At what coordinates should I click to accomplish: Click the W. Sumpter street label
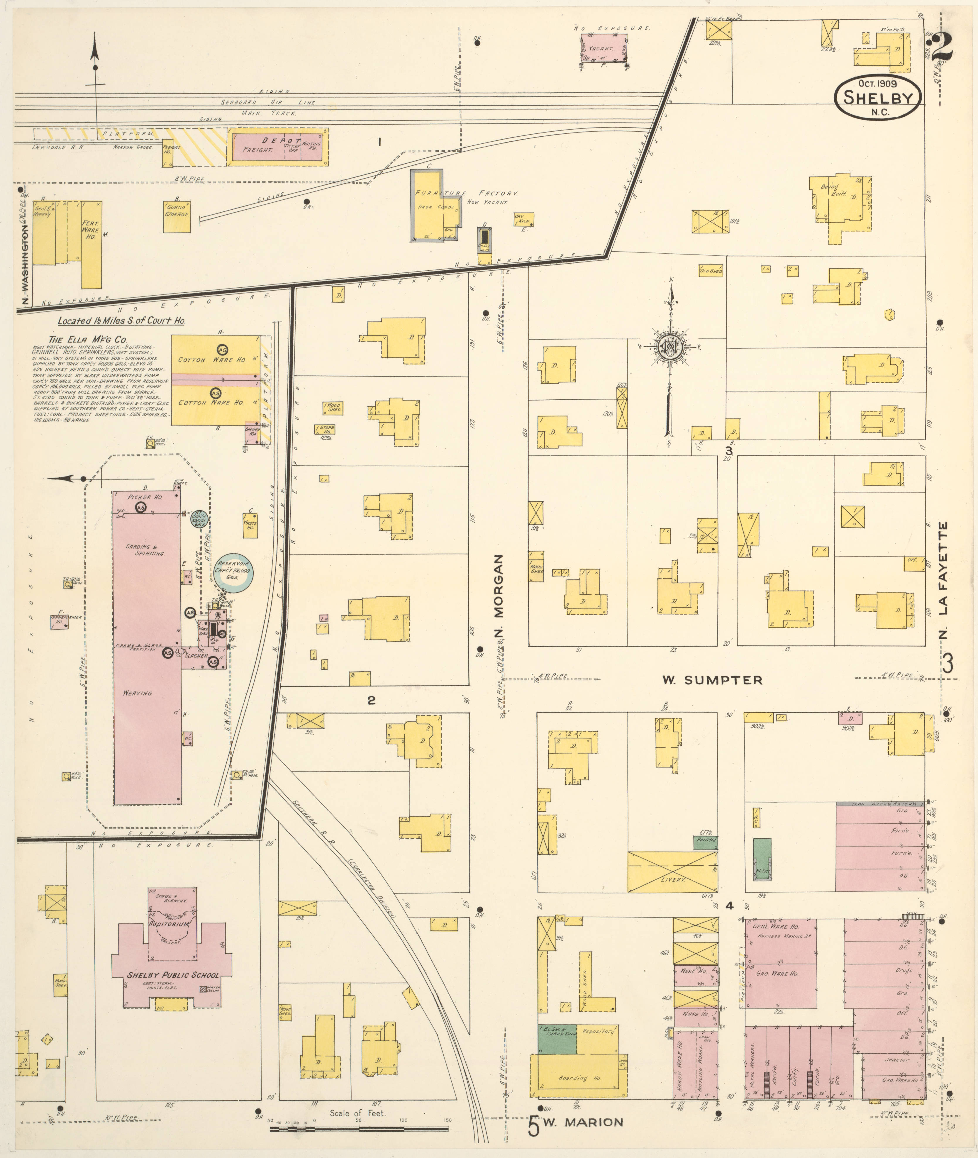click(x=712, y=680)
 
